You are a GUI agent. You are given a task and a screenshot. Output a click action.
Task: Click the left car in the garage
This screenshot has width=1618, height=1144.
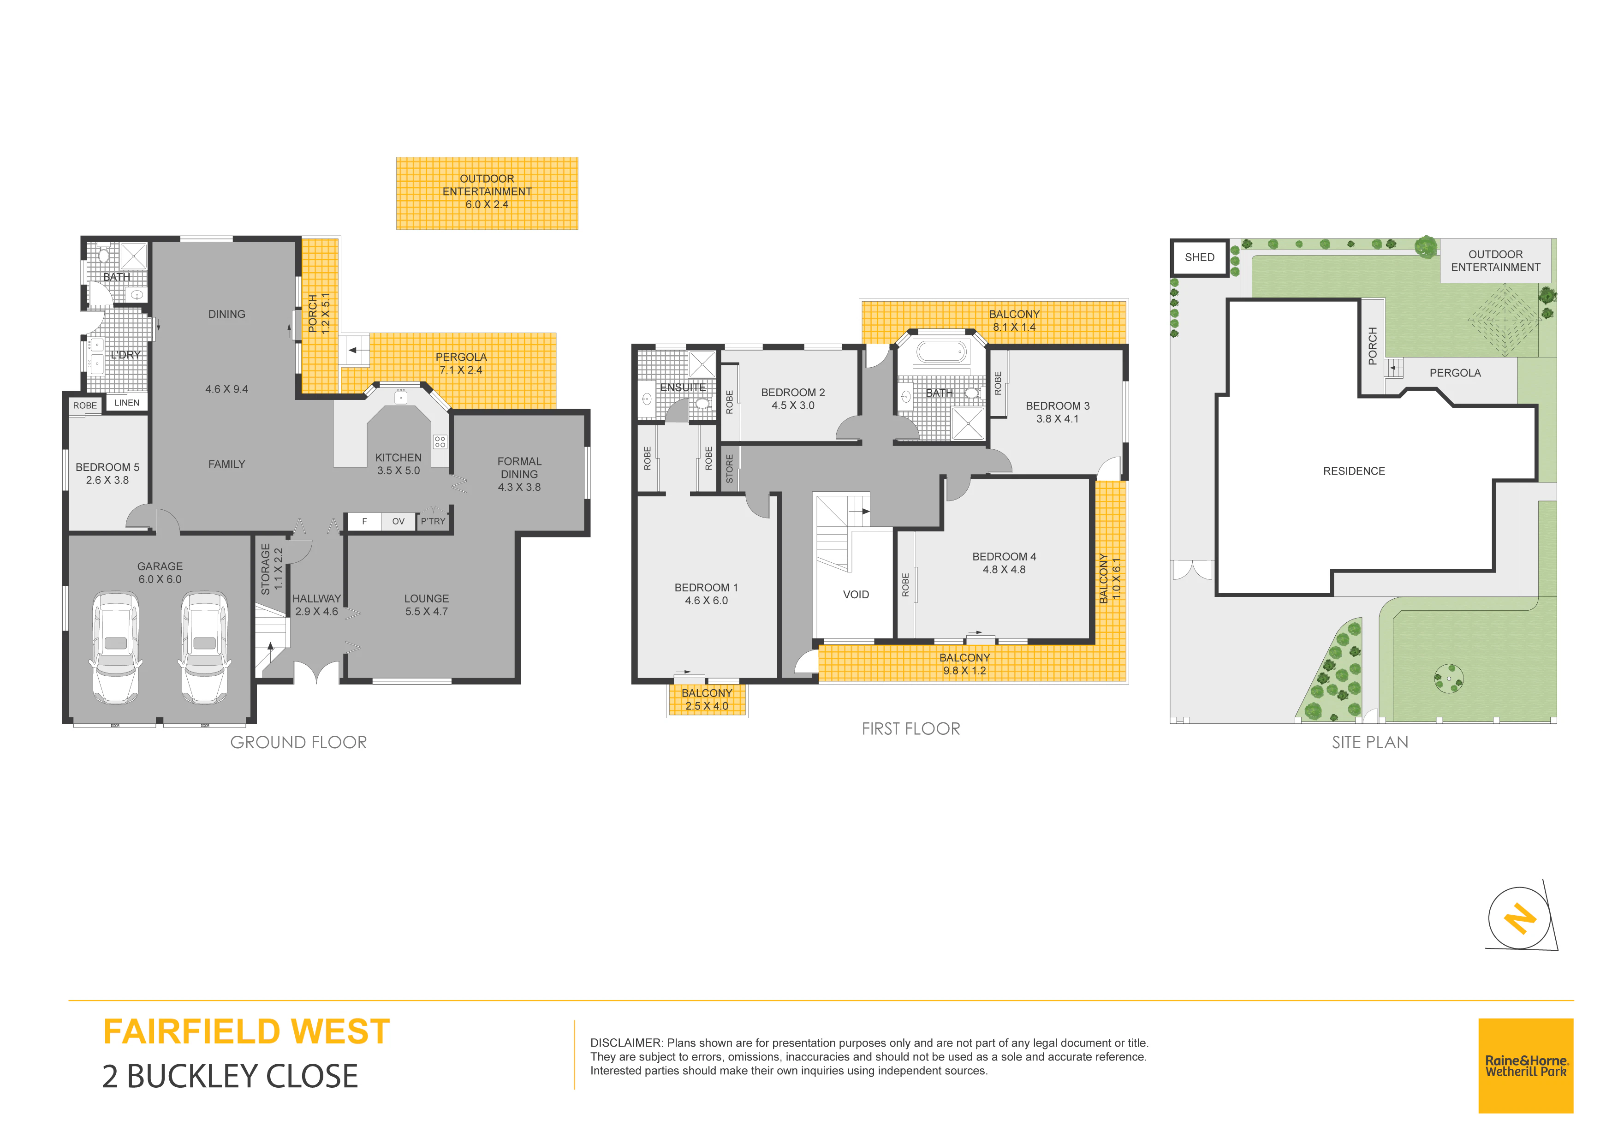[116, 647]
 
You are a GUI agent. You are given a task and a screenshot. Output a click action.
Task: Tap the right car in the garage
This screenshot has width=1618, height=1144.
[204, 647]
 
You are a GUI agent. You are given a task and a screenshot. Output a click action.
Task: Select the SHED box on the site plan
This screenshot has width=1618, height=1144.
[1199, 257]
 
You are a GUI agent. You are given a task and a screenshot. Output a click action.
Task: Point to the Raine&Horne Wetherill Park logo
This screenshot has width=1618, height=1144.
[1526, 1066]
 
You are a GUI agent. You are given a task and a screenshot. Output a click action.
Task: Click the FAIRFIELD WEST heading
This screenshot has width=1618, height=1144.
[247, 1032]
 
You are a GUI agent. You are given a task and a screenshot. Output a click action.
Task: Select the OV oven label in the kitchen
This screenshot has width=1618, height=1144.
[398, 522]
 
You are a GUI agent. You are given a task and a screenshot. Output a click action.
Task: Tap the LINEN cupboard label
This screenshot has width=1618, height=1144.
[127, 403]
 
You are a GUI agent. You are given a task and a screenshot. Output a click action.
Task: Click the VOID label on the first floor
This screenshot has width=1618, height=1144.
[856, 595]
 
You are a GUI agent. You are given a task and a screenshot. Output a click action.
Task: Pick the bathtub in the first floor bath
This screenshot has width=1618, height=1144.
[941, 351]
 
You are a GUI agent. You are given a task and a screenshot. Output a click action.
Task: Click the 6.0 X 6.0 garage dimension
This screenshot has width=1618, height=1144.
[160, 579]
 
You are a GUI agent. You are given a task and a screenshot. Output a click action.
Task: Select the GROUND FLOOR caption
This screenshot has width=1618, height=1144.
[299, 742]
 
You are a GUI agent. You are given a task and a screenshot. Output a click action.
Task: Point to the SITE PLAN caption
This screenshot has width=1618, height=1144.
[1370, 742]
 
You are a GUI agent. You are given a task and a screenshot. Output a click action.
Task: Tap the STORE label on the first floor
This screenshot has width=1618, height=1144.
[729, 469]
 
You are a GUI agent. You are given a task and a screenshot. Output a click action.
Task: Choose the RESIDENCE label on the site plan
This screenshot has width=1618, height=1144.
[1354, 471]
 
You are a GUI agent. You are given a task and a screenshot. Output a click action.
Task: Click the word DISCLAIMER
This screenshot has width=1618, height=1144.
[626, 1043]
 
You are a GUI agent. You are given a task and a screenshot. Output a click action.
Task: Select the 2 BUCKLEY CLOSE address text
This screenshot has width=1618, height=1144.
[231, 1076]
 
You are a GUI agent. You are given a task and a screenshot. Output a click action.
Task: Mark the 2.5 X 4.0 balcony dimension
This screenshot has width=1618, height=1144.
[707, 706]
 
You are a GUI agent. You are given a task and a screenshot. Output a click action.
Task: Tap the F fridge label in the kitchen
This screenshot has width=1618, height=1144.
[364, 522]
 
